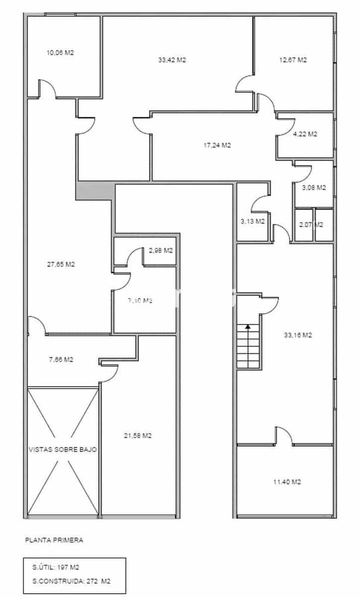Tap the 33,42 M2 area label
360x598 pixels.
172,60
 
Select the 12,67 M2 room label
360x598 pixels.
293,60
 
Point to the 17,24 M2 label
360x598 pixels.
217,146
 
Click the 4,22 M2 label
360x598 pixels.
305,134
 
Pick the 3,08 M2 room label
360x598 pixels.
314,188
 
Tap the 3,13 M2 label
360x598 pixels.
252,221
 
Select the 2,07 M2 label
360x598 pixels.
311,225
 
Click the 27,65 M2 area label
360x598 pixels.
61,265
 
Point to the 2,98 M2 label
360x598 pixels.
161,251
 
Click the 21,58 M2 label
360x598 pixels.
137,436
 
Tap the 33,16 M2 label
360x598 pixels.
298,335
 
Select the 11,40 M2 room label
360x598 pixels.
287,482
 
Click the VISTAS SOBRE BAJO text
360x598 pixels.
63,449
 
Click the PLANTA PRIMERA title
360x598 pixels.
54,540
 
